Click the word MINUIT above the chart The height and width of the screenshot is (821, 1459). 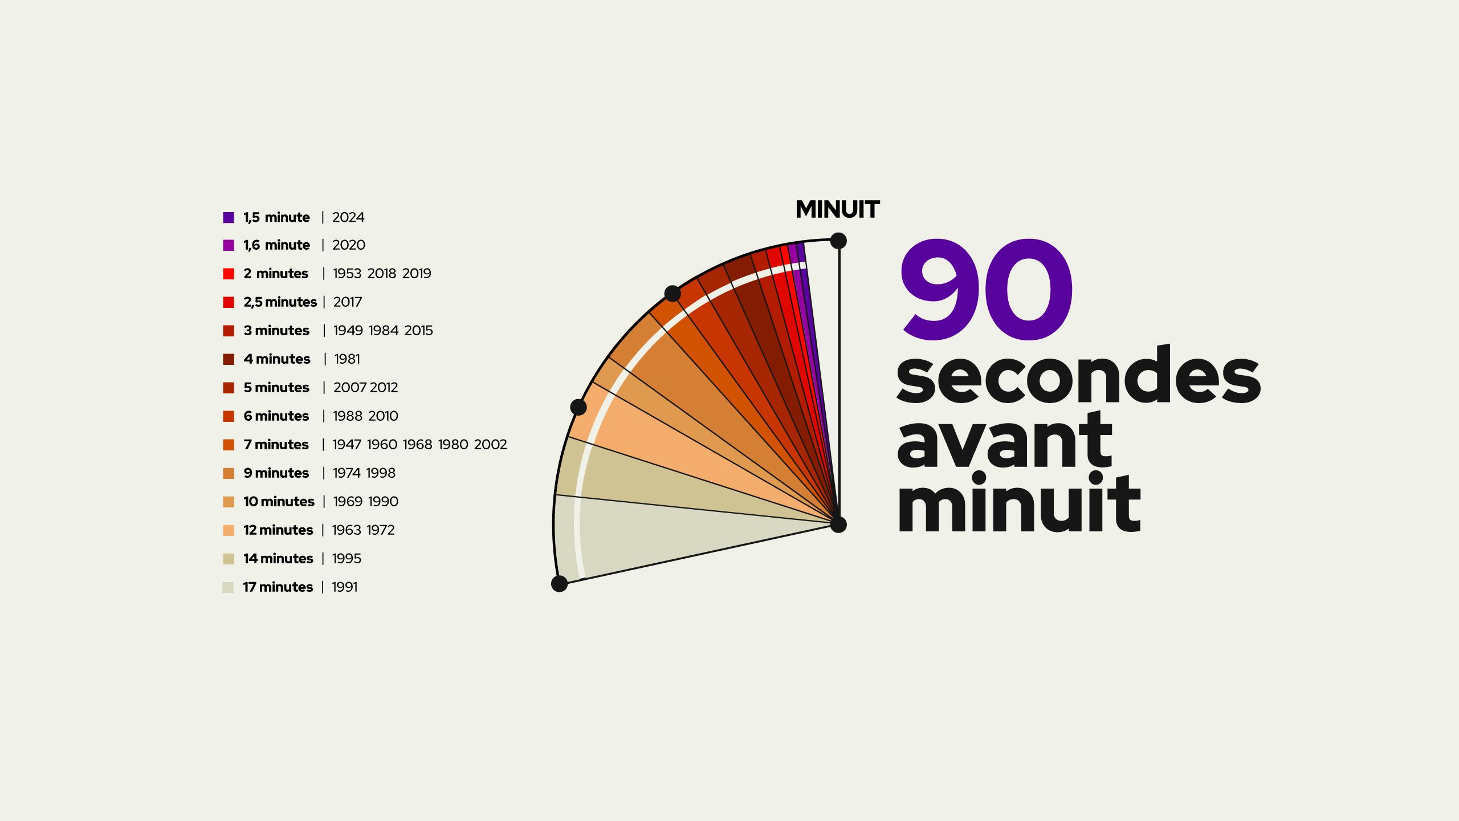pos(837,209)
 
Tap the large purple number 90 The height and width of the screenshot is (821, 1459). pos(987,289)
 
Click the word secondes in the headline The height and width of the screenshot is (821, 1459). pos(1078,375)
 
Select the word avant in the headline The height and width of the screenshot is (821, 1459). pos(1004,440)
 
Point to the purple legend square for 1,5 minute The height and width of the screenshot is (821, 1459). pos(229,217)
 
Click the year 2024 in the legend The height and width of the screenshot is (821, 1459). pos(348,217)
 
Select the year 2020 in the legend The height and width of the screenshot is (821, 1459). pos(349,245)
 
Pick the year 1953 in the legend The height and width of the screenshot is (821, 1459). pos(347,274)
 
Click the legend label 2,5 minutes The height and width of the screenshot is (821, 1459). pos(280,302)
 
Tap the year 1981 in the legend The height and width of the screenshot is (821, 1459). pos(347,359)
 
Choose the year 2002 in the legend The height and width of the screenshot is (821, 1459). pos(490,445)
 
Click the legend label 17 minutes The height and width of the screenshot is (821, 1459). pos(278,587)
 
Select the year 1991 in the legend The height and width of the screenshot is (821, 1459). pos(345,587)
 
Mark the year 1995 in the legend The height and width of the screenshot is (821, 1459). pos(347,559)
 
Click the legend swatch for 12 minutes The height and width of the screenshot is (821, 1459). pos(229,530)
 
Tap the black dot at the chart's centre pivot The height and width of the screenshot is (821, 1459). pos(838,525)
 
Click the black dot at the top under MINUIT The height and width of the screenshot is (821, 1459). pos(838,241)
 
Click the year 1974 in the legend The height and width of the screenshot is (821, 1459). pos(347,473)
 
